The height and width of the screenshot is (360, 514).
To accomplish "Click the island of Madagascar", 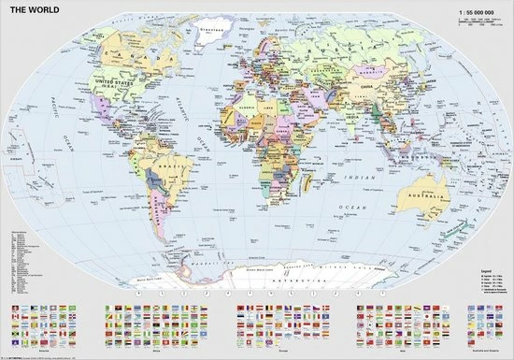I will [298, 188].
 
